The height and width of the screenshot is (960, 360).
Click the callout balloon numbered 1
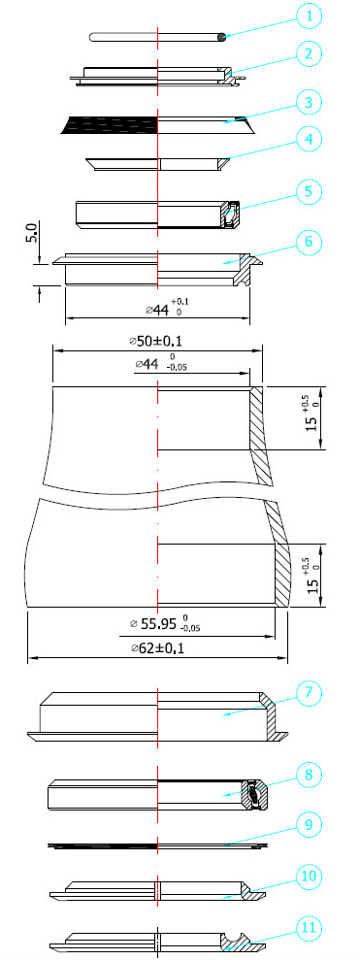[310, 17]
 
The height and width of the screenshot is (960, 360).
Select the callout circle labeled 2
[310, 54]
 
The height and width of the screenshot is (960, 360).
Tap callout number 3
[310, 102]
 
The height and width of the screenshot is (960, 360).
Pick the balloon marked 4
[310, 139]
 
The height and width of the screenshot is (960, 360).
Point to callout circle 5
[310, 191]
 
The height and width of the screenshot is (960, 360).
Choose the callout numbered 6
[310, 242]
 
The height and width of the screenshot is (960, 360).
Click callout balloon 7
[310, 693]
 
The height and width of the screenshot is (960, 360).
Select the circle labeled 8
[310, 775]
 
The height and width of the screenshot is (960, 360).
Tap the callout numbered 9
[310, 825]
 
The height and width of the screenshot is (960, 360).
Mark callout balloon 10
[310, 877]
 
